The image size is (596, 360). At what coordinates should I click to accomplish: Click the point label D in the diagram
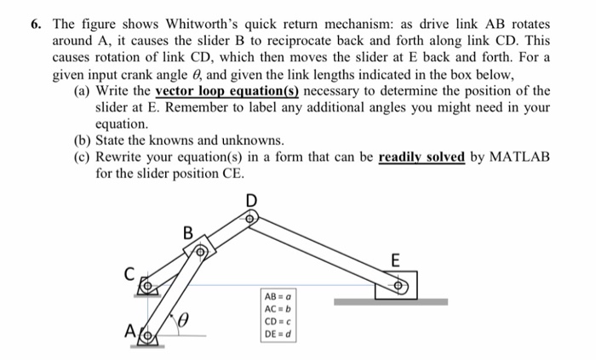coord(250,201)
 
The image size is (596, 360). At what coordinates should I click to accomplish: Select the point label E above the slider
coord(393,259)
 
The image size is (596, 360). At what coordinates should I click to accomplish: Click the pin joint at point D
coord(249,219)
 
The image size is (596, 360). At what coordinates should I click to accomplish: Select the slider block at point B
coord(200,251)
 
